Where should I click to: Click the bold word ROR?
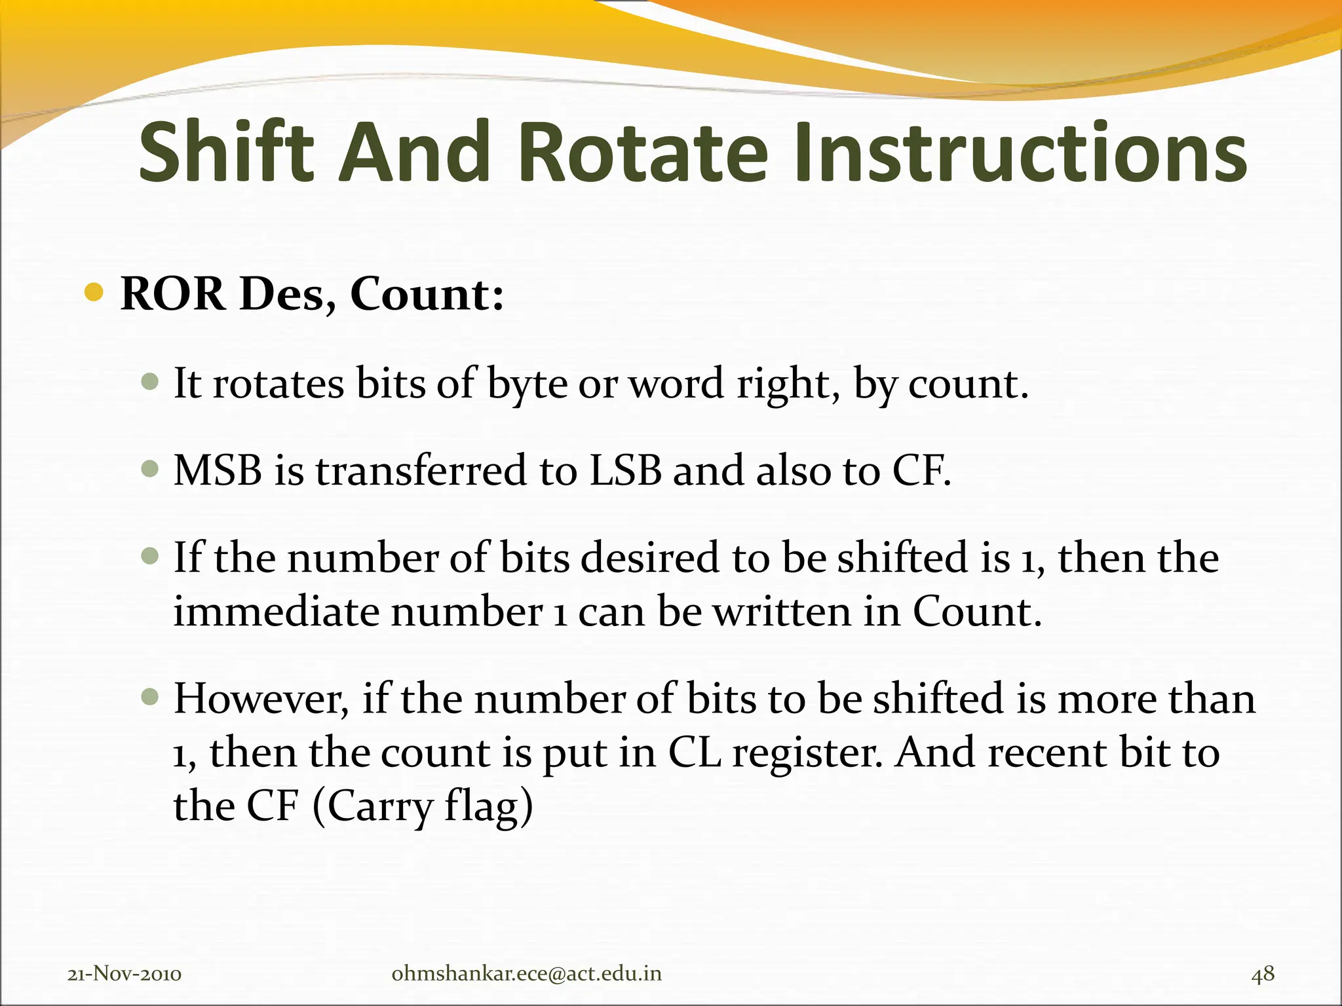pyautogui.click(x=172, y=294)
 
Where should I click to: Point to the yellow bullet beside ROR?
pyautogui.click(x=94, y=292)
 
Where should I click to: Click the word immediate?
pyautogui.click(x=276, y=612)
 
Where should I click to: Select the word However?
pyautogui.click(x=261, y=699)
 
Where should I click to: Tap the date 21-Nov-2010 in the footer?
pyautogui.click(x=125, y=974)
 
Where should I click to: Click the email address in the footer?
pyautogui.click(x=526, y=974)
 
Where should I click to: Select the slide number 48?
pyautogui.click(x=1263, y=974)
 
